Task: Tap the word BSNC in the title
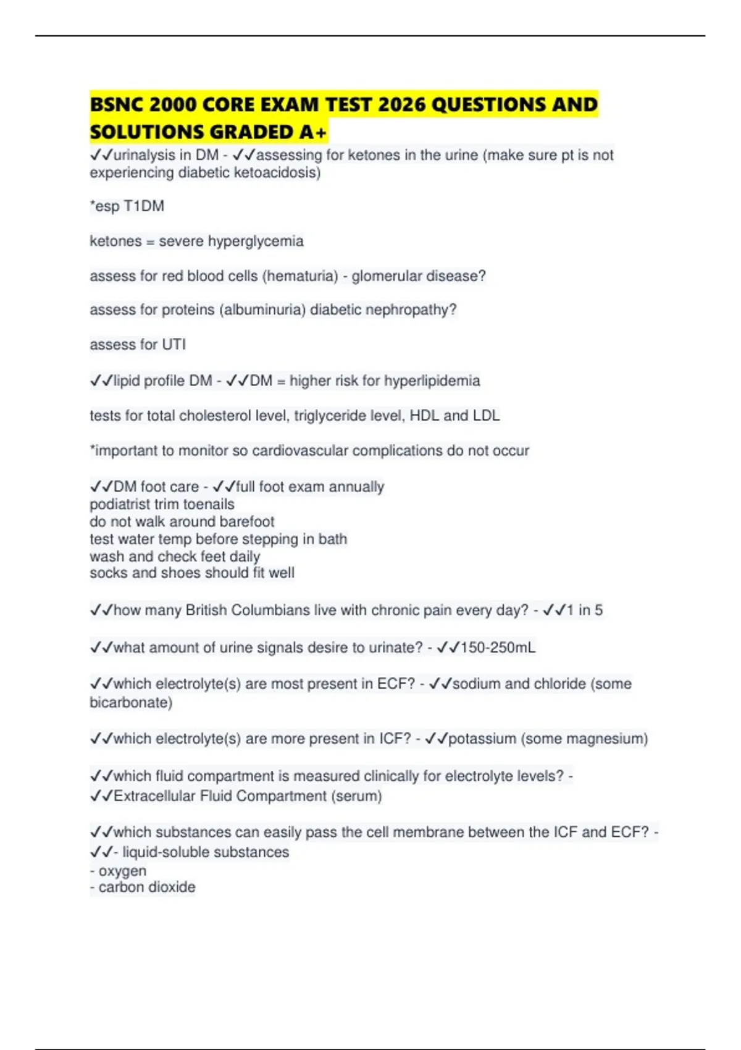(x=117, y=104)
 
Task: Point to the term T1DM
(x=144, y=206)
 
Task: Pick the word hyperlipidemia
(x=432, y=380)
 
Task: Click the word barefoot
(x=246, y=521)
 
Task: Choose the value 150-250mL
(x=498, y=647)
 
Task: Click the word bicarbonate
(x=129, y=702)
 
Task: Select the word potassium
(x=482, y=739)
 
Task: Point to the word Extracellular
(x=154, y=796)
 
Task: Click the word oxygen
(x=122, y=871)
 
